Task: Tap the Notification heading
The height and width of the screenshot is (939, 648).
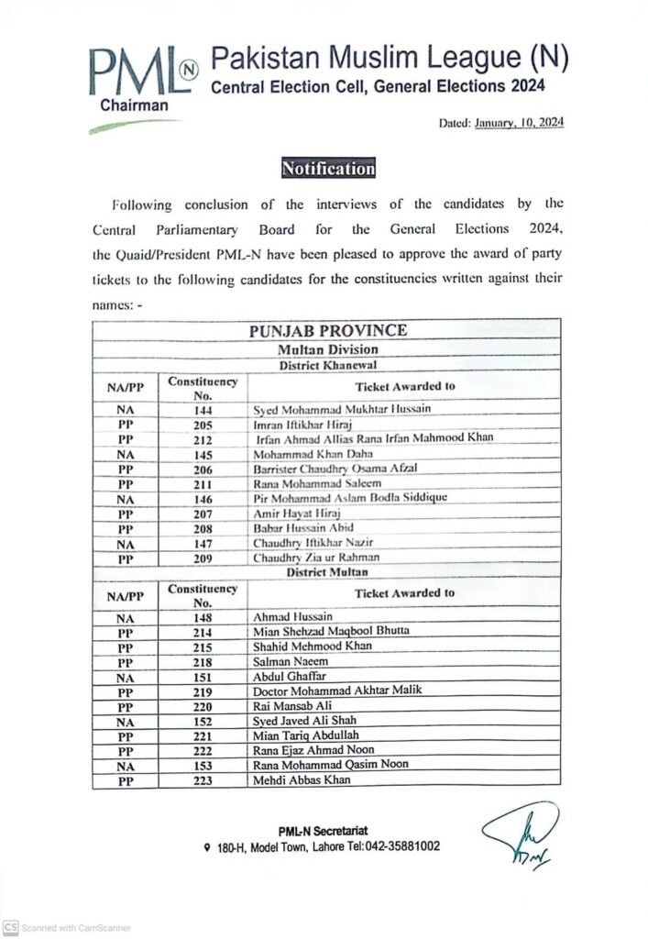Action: tap(328, 169)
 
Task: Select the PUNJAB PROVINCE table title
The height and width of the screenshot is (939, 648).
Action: tap(327, 331)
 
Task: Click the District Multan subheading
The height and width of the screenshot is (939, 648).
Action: tap(326, 572)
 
